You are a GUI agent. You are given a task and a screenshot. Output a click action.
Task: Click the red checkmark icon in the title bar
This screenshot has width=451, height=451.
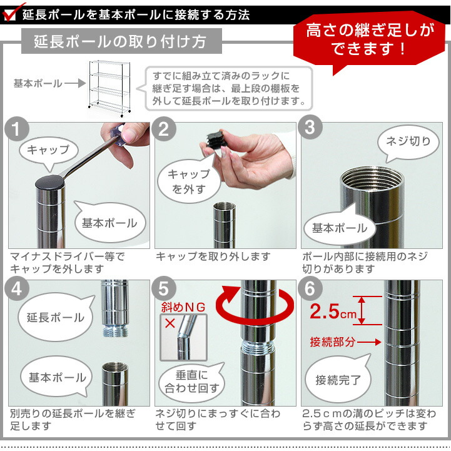pos(9,11)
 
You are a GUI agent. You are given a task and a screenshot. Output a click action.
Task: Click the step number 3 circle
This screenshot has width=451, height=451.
pos(310,129)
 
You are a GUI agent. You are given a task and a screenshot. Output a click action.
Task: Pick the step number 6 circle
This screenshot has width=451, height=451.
pos(310,289)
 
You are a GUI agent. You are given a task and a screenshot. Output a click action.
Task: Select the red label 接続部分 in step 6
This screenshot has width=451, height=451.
pos(333,342)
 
